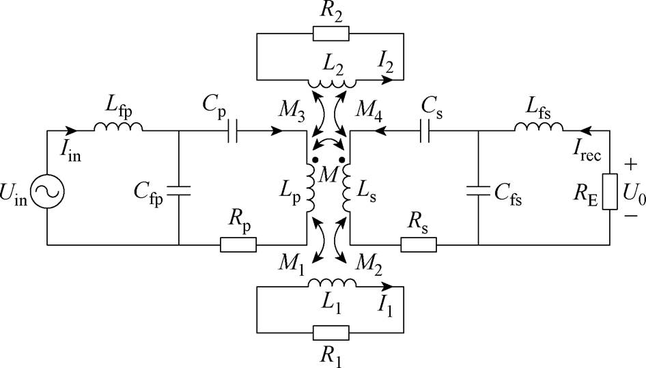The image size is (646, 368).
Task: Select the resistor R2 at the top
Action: click(x=331, y=33)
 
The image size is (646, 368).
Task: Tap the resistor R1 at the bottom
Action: click(x=331, y=332)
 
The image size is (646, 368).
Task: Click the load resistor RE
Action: click(x=610, y=192)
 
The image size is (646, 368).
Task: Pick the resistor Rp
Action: click(x=238, y=245)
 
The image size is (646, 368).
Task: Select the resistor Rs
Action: click(x=419, y=245)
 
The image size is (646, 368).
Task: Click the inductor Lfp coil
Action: click(x=118, y=127)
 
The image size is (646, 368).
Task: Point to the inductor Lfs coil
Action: click(x=539, y=127)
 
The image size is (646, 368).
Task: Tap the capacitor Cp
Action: click(x=233, y=131)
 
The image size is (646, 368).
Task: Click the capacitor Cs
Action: click(x=425, y=131)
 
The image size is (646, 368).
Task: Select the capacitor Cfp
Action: click(x=179, y=190)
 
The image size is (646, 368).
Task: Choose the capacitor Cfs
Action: click(x=478, y=190)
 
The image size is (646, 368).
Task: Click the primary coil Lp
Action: click(x=310, y=188)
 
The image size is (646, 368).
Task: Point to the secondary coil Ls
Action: click(x=346, y=188)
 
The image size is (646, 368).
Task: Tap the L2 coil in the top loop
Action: click(x=332, y=84)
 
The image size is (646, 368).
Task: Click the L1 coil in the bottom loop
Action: click(x=332, y=283)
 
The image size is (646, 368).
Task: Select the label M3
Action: click(x=292, y=111)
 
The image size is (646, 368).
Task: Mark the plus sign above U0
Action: click(x=630, y=165)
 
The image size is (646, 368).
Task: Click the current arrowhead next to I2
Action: click(x=387, y=79)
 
